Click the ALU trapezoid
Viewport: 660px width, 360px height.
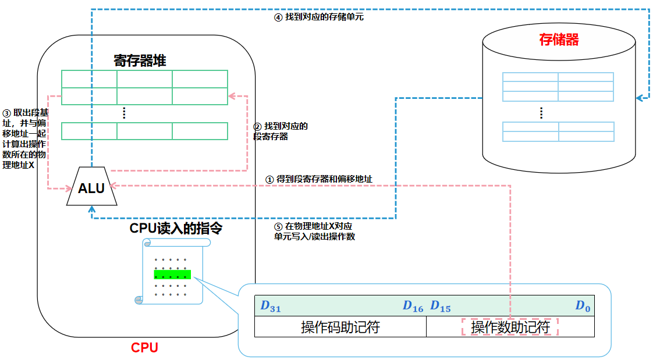click(92, 187)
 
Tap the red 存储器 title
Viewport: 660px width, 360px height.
click(559, 40)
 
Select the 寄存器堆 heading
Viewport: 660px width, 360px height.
click(140, 60)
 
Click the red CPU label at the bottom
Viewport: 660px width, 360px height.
click(144, 348)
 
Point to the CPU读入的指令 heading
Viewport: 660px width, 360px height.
click(176, 228)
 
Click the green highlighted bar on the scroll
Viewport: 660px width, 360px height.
click(172, 274)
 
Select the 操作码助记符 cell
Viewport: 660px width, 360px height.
click(340, 327)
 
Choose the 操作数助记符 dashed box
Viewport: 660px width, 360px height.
click(510, 327)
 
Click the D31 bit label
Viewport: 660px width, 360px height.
click(271, 306)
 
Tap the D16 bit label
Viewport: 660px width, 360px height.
click(413, 306)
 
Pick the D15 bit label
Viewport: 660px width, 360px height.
click(441, 306)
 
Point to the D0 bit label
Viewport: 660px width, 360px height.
click(583, 306)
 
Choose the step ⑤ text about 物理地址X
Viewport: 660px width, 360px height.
click(314, 231)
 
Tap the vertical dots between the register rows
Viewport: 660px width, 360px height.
click(124, 113)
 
